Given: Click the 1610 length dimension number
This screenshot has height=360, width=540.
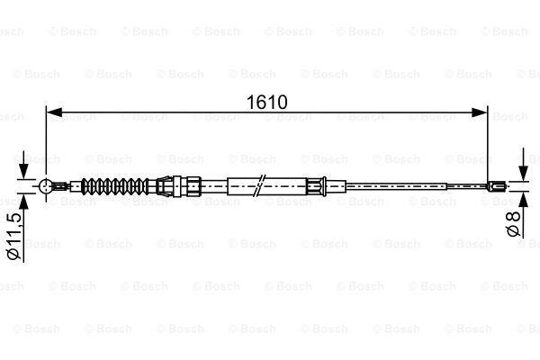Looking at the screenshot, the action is tap(266, 103).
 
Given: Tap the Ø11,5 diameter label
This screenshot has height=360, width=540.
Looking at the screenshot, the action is tap(14, 237).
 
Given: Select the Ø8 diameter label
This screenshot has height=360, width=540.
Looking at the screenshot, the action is tap(513, 223).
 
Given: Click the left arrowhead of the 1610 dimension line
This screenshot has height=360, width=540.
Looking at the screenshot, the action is tap(54, 112).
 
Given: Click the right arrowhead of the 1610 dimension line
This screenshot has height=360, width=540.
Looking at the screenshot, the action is tap(480, 112).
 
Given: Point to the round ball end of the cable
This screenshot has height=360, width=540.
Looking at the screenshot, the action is tap(46, 186).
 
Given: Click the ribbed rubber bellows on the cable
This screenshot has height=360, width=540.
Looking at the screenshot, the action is tap(113, 186).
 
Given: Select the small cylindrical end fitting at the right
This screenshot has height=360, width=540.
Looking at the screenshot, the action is tap(496, 186).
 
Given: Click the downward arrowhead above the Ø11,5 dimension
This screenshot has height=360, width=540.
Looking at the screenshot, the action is tap(23, 171).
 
